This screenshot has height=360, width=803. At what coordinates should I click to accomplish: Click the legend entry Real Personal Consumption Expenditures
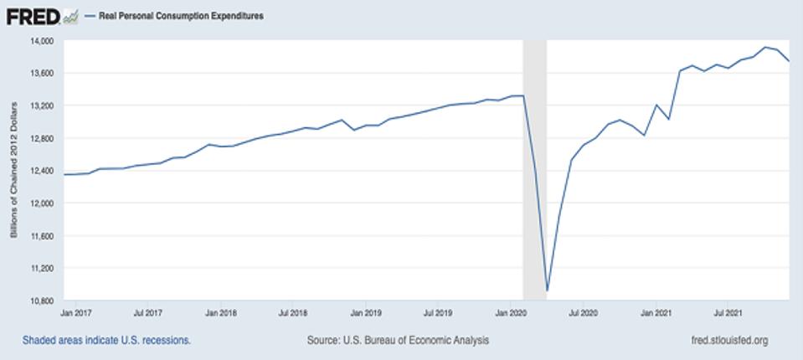(x=181, y=16)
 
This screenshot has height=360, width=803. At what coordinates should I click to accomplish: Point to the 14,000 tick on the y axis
(x=41, y=41)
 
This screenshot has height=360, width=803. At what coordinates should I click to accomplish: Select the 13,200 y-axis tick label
(x=41, y=106)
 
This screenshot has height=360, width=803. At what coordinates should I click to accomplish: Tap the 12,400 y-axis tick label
(x=41, y=171)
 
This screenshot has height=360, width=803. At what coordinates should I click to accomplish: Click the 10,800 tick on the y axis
(x=41, y=301)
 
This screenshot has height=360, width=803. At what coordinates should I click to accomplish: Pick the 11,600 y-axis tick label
(x=41, y=236)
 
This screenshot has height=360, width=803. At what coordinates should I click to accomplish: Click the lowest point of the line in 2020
(x=547, y=291)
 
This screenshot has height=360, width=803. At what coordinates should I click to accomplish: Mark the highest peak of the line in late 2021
(x=765, y=47)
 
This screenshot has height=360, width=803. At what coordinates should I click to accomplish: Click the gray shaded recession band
(x=534, y=167)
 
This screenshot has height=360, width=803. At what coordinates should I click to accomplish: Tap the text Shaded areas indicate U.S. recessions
(x=107, y=341)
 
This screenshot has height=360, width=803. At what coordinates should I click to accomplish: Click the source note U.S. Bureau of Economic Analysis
(x=399, y=341)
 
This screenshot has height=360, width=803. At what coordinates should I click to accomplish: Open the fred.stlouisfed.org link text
(x=725, y=341)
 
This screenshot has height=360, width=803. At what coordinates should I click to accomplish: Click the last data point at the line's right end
(x=789, y=61)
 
